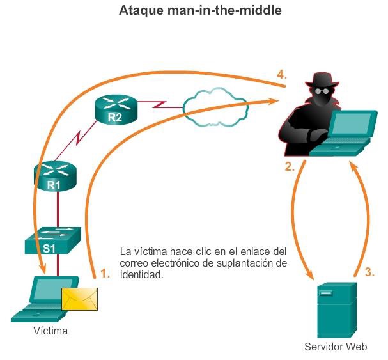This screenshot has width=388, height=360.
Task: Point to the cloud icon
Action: click(215, 102)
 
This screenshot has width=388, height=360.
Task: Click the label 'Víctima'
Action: click(50, 331)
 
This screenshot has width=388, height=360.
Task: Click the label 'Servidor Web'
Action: click(336, 348)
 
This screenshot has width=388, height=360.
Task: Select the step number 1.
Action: click(105, 273)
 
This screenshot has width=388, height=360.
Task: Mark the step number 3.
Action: click(369, 272)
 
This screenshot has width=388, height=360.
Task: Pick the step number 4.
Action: click(281, 75)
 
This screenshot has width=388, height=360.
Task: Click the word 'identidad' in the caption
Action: click(142, 274)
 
